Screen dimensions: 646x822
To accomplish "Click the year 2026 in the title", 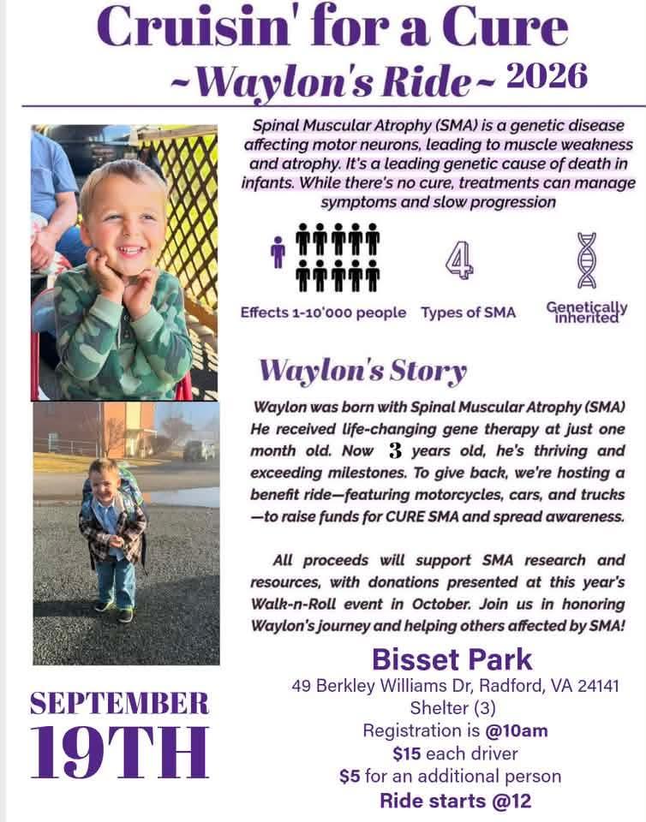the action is coord(547,77).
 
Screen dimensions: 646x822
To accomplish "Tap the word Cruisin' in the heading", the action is coord(194,27).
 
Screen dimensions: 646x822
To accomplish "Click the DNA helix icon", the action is coord(587,260).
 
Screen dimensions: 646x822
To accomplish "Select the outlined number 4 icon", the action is coord(459,259).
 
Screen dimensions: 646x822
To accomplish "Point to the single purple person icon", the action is coord(278,252).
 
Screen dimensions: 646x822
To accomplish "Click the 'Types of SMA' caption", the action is coord(469,313).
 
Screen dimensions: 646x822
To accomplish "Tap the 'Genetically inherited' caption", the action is coord(587,313).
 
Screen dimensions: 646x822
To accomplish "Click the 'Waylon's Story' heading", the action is coord(363,371).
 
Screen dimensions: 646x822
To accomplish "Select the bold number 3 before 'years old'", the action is coord(395,450).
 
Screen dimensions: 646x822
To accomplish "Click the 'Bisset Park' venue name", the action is coord(452,659).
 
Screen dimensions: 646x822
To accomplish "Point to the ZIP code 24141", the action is coord(598,686).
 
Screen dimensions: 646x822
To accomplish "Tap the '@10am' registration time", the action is coord(517,730).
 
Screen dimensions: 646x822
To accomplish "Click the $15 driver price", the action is coord(407,753).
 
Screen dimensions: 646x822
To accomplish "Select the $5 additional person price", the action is coord(350,776).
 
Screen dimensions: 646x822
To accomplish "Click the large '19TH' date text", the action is coord(120,752).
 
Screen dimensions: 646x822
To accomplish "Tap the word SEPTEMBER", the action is coord(120,704).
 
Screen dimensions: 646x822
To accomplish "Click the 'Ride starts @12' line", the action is coord(455,801).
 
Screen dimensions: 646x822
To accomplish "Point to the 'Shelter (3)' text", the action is coord(452,708).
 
